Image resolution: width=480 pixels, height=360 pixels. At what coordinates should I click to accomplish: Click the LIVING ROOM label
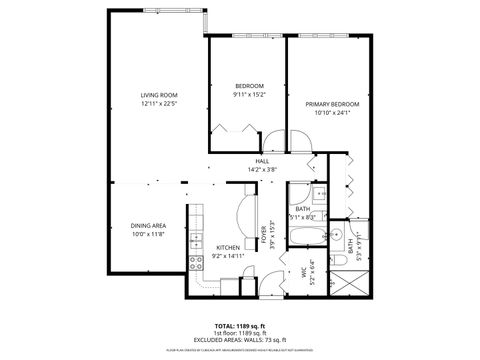(x=157, y=95)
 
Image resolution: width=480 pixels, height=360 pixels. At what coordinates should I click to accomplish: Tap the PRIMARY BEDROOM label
(x=332, y=104)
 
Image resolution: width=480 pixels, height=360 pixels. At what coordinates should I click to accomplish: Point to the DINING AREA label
(x=148, y=225)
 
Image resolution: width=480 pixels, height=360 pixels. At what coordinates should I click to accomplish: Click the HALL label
(x=262, y=161)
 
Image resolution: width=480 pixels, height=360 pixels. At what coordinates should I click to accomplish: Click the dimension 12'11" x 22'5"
(x=157, y=104)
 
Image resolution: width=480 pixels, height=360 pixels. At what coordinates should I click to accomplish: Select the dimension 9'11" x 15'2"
(x=248, y=95)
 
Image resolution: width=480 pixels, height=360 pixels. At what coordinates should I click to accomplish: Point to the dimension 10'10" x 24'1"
(x=332, y=113)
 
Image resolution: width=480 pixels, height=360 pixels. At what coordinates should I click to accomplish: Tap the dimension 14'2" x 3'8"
(x=262, y=169)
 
